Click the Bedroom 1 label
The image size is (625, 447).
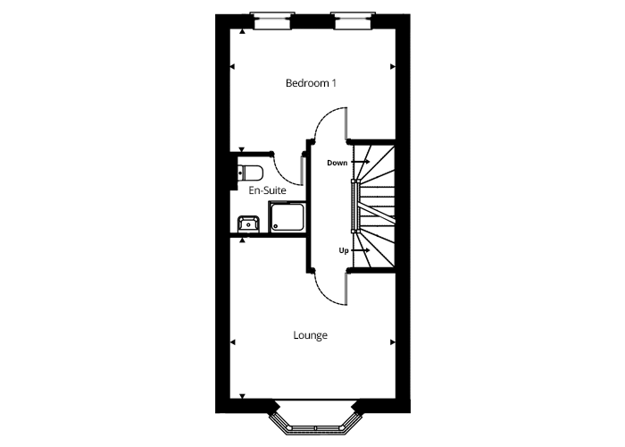tap(311, 83)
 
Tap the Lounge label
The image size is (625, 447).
tap(310, 335)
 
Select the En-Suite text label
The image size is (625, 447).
tap(267, 190)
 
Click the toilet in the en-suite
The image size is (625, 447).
tap(250, 173)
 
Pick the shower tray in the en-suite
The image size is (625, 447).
tap(287, 216)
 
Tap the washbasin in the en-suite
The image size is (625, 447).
tap(248, 224)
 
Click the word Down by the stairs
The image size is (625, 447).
tap(337, 163)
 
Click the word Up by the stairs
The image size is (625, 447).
tap(344, 250)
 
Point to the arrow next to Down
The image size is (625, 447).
tap(361, 162)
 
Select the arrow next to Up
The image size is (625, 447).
tap(361, 250)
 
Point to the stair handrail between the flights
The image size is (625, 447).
tap(355, 206)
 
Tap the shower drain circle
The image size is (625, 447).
tap(275, 226)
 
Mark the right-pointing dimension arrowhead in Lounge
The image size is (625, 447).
tap(393, 342)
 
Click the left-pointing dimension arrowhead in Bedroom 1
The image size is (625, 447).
tap(232, 67)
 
